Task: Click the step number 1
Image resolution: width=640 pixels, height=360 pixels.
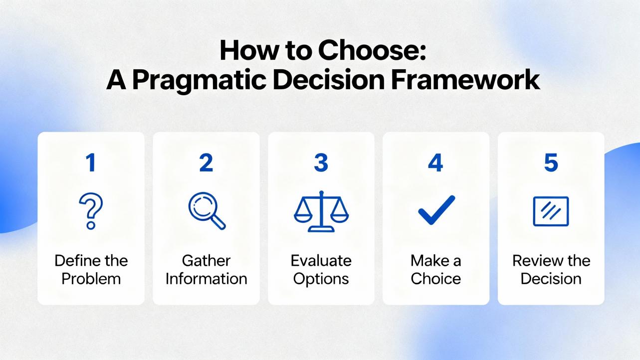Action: (91, 163)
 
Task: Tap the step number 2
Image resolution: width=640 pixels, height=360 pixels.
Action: (206, 163)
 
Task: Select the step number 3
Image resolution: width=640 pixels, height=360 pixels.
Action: (321, 163)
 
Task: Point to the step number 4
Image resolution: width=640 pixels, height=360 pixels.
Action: (435, 163)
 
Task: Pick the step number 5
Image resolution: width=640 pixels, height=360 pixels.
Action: (551, 163)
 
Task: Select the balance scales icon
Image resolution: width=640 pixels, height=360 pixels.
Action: (321, 211)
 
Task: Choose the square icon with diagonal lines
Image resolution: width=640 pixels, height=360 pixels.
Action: (534, 211)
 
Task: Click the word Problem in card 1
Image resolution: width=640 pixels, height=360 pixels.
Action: (91, 279)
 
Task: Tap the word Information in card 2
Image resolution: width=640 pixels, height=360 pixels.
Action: (207, 279)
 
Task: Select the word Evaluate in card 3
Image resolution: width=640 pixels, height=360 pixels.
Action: (321, 261)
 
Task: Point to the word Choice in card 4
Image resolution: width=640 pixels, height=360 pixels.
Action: (435, 279)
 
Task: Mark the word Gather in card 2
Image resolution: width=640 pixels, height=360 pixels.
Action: (206, 261)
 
